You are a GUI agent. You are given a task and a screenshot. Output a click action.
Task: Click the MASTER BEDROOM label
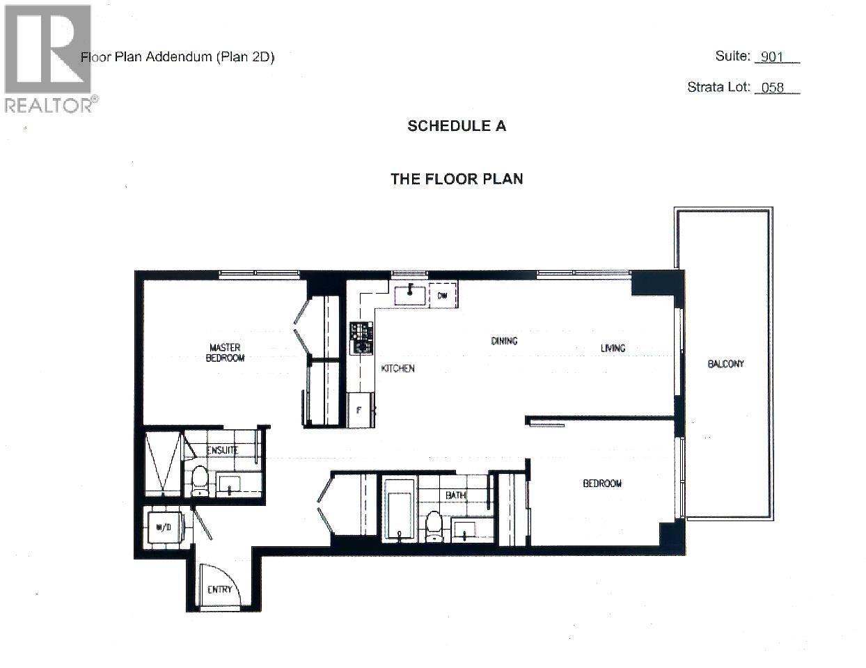coord(225,353)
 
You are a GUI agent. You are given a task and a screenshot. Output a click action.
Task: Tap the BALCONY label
coord(725,364)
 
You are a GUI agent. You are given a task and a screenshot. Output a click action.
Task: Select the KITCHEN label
coord(397,368)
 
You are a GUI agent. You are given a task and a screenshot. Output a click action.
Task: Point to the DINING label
coord(504,341)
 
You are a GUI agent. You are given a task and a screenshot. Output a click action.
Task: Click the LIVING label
coord(613,348)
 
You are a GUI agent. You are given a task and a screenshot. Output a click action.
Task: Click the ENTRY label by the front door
coord(219,589)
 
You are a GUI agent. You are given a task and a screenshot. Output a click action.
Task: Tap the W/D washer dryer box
coord(164,527)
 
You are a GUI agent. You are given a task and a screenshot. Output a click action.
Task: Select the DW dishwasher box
coord(443,296)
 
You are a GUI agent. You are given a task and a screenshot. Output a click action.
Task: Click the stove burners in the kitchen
coord(361,338)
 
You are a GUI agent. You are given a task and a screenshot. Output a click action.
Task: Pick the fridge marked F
coord(360,410)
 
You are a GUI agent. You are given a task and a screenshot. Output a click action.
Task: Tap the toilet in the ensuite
coord(200,481)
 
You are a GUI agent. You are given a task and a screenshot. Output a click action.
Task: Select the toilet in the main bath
coord(434,525)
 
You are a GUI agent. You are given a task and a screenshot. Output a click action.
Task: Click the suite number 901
coord(772,57)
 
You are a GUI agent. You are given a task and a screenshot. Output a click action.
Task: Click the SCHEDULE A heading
coord(456,126)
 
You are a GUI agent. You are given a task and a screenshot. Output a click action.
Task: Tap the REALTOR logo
coord(48,58)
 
